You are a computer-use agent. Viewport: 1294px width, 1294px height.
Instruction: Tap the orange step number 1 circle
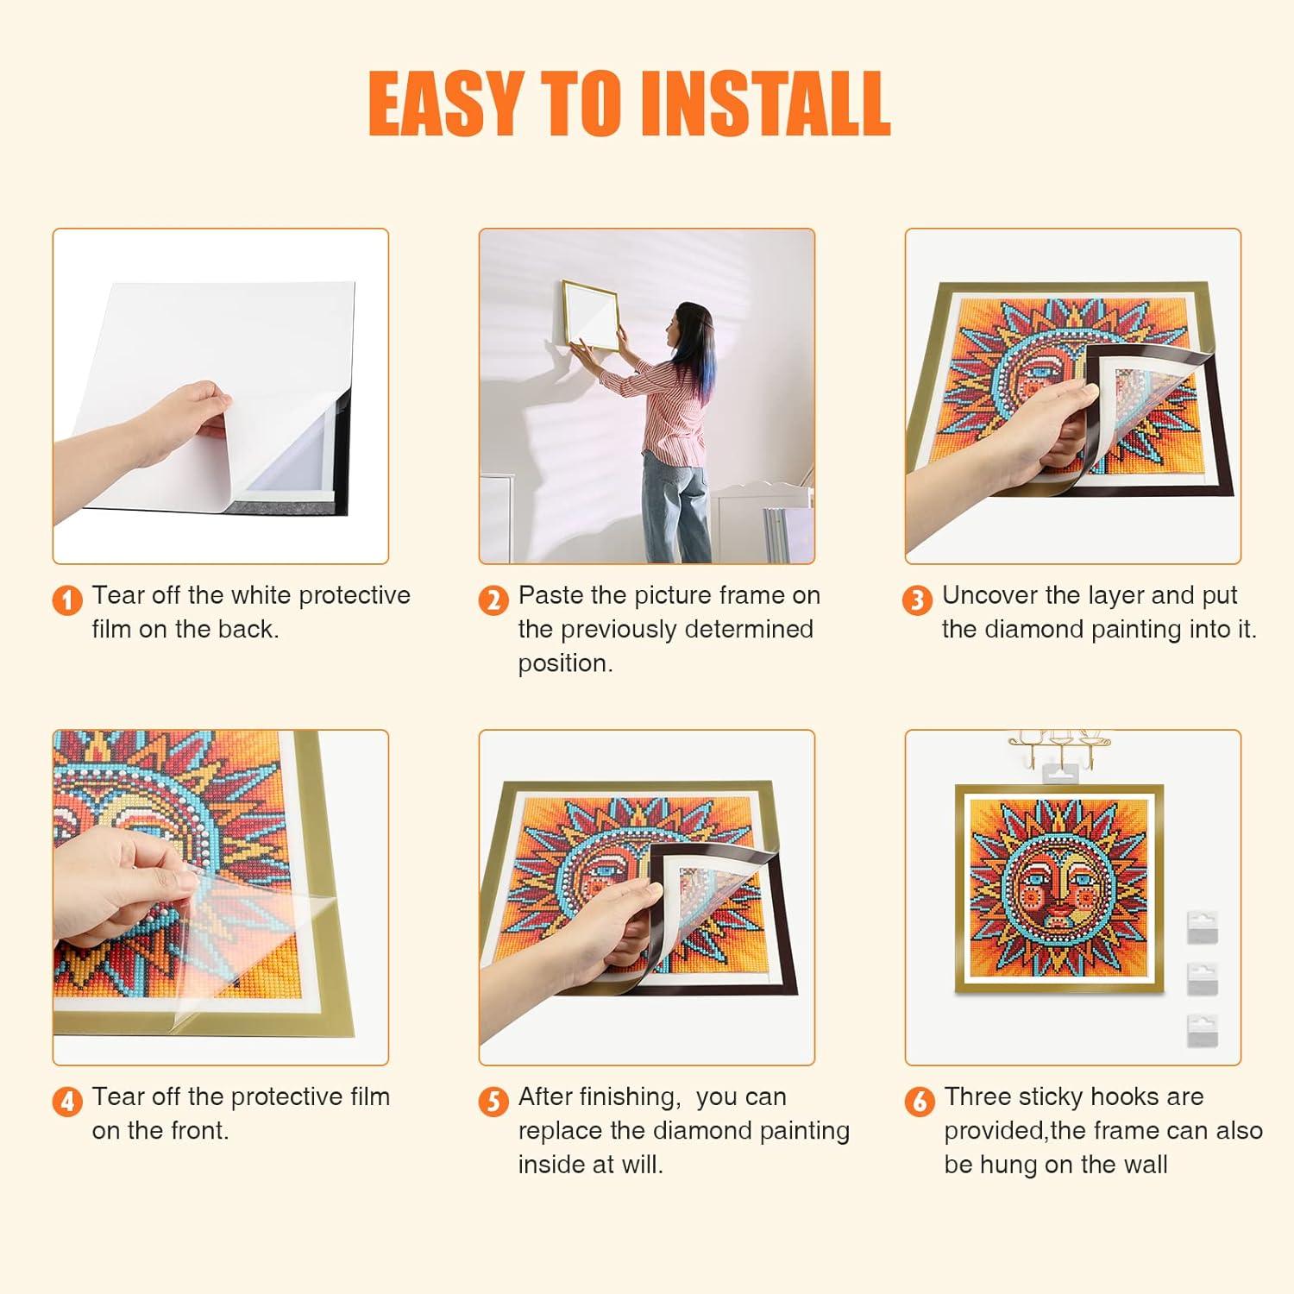pos(67,600)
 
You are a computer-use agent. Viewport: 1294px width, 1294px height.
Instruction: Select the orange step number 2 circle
pos(493,600)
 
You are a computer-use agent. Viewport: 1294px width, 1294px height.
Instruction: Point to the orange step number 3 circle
pos(917,600)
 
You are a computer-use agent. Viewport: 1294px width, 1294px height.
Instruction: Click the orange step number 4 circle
pos(67,1102)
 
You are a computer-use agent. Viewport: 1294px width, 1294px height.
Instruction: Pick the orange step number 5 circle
pos(493,1102)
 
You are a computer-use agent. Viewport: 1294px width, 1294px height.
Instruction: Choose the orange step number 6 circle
pos(920,1102)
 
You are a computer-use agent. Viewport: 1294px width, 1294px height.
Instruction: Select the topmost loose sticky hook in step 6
pos(1202,927)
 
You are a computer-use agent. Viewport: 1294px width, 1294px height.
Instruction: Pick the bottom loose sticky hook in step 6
pos(1202,1030)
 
